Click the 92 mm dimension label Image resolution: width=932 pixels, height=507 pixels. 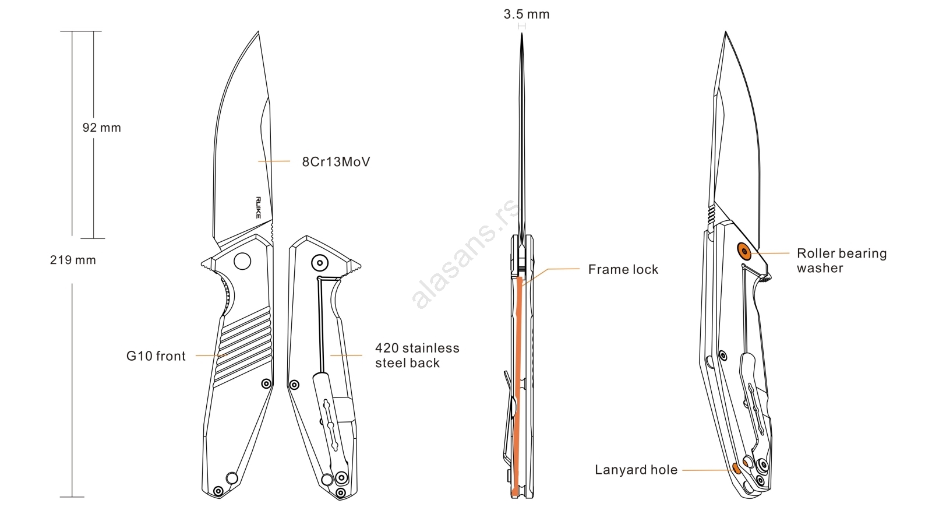pyautogui.click(x=101, y=128)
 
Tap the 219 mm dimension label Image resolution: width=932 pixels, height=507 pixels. pyautogui.click(x=73, y=260)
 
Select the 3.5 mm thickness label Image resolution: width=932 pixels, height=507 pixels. pyautogui.click(x=526, y=15)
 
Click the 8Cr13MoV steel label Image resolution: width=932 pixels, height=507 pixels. pyautogui.click(x=336, y=162)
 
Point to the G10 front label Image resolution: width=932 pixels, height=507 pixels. pyautogui.click(x=156, y=356)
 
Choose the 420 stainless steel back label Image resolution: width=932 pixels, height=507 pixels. pyautogui.click(x=416, y=355)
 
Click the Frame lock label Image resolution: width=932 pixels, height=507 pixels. pyautogui.click(x=623, y=269)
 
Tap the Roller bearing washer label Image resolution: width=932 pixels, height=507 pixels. pyautogui.click(x=841, y=260)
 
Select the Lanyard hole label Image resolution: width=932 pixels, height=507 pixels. pyautogui.click(x=636, y=470)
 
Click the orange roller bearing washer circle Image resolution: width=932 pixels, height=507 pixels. pyautogui.click(x=744, y=251)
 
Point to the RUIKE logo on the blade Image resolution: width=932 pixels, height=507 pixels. pyautogui.click(x=258, y=207)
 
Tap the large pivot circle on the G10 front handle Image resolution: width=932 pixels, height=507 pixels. pyautogui.click(x=242, y=260)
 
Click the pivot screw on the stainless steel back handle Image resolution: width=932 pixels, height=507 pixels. pyautogui.click(x=319, y=263)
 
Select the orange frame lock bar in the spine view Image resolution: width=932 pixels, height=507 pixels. pyautogui.click(x=517, y=385)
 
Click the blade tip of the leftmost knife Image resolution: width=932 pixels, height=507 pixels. pyautogui.click(x=258, y=33)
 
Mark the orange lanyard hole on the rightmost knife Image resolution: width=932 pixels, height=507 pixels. pyautogui.click(x=736, y=468)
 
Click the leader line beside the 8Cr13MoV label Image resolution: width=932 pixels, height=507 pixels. pyautogui.click(x=274, y=161)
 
